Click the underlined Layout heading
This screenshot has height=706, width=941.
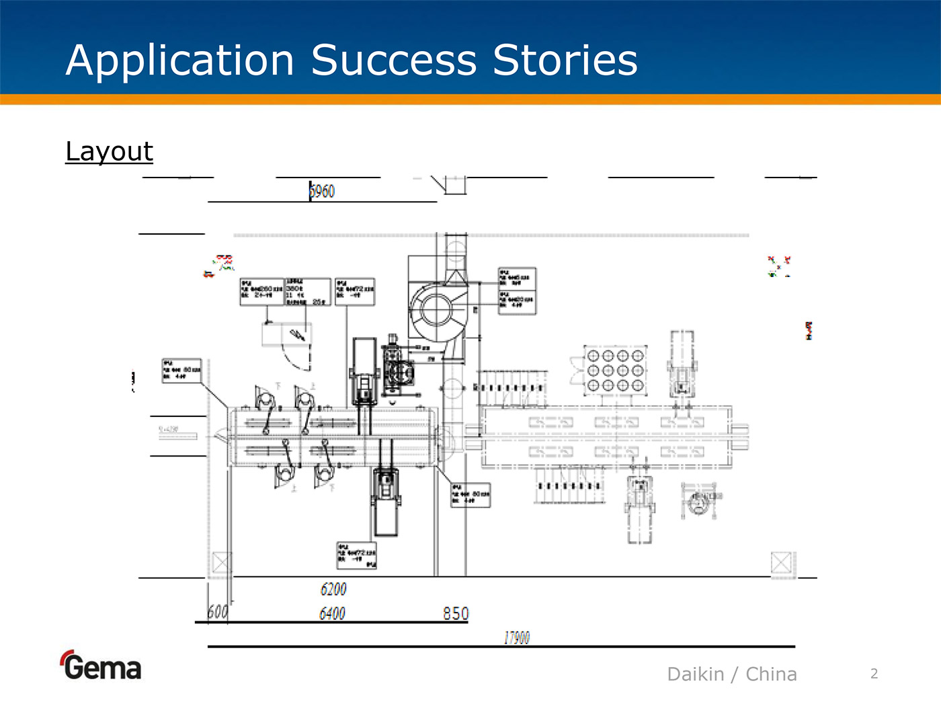[110, 152]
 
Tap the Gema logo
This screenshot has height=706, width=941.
[101, 666]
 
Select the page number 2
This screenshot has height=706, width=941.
[874, 674]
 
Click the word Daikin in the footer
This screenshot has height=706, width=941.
[696, 674]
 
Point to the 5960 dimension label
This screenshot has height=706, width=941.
[322, 192]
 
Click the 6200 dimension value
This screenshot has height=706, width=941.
[333, 590]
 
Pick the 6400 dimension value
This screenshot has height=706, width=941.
[332, 613]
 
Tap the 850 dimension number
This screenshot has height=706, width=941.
[456, 613]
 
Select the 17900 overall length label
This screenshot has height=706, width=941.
[517, 637]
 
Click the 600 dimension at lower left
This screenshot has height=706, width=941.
[217, 612]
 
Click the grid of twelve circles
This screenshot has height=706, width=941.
[615, 370]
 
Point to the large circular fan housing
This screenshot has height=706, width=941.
[437, 309]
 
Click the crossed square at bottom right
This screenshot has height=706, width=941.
[781, 562]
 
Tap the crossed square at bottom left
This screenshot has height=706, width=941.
[221, 562]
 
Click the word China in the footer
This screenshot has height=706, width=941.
[771, 674]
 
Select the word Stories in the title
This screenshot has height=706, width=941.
[565, 61]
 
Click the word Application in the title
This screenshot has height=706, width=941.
[180, 61]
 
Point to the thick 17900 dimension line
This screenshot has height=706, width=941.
[501, 647]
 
